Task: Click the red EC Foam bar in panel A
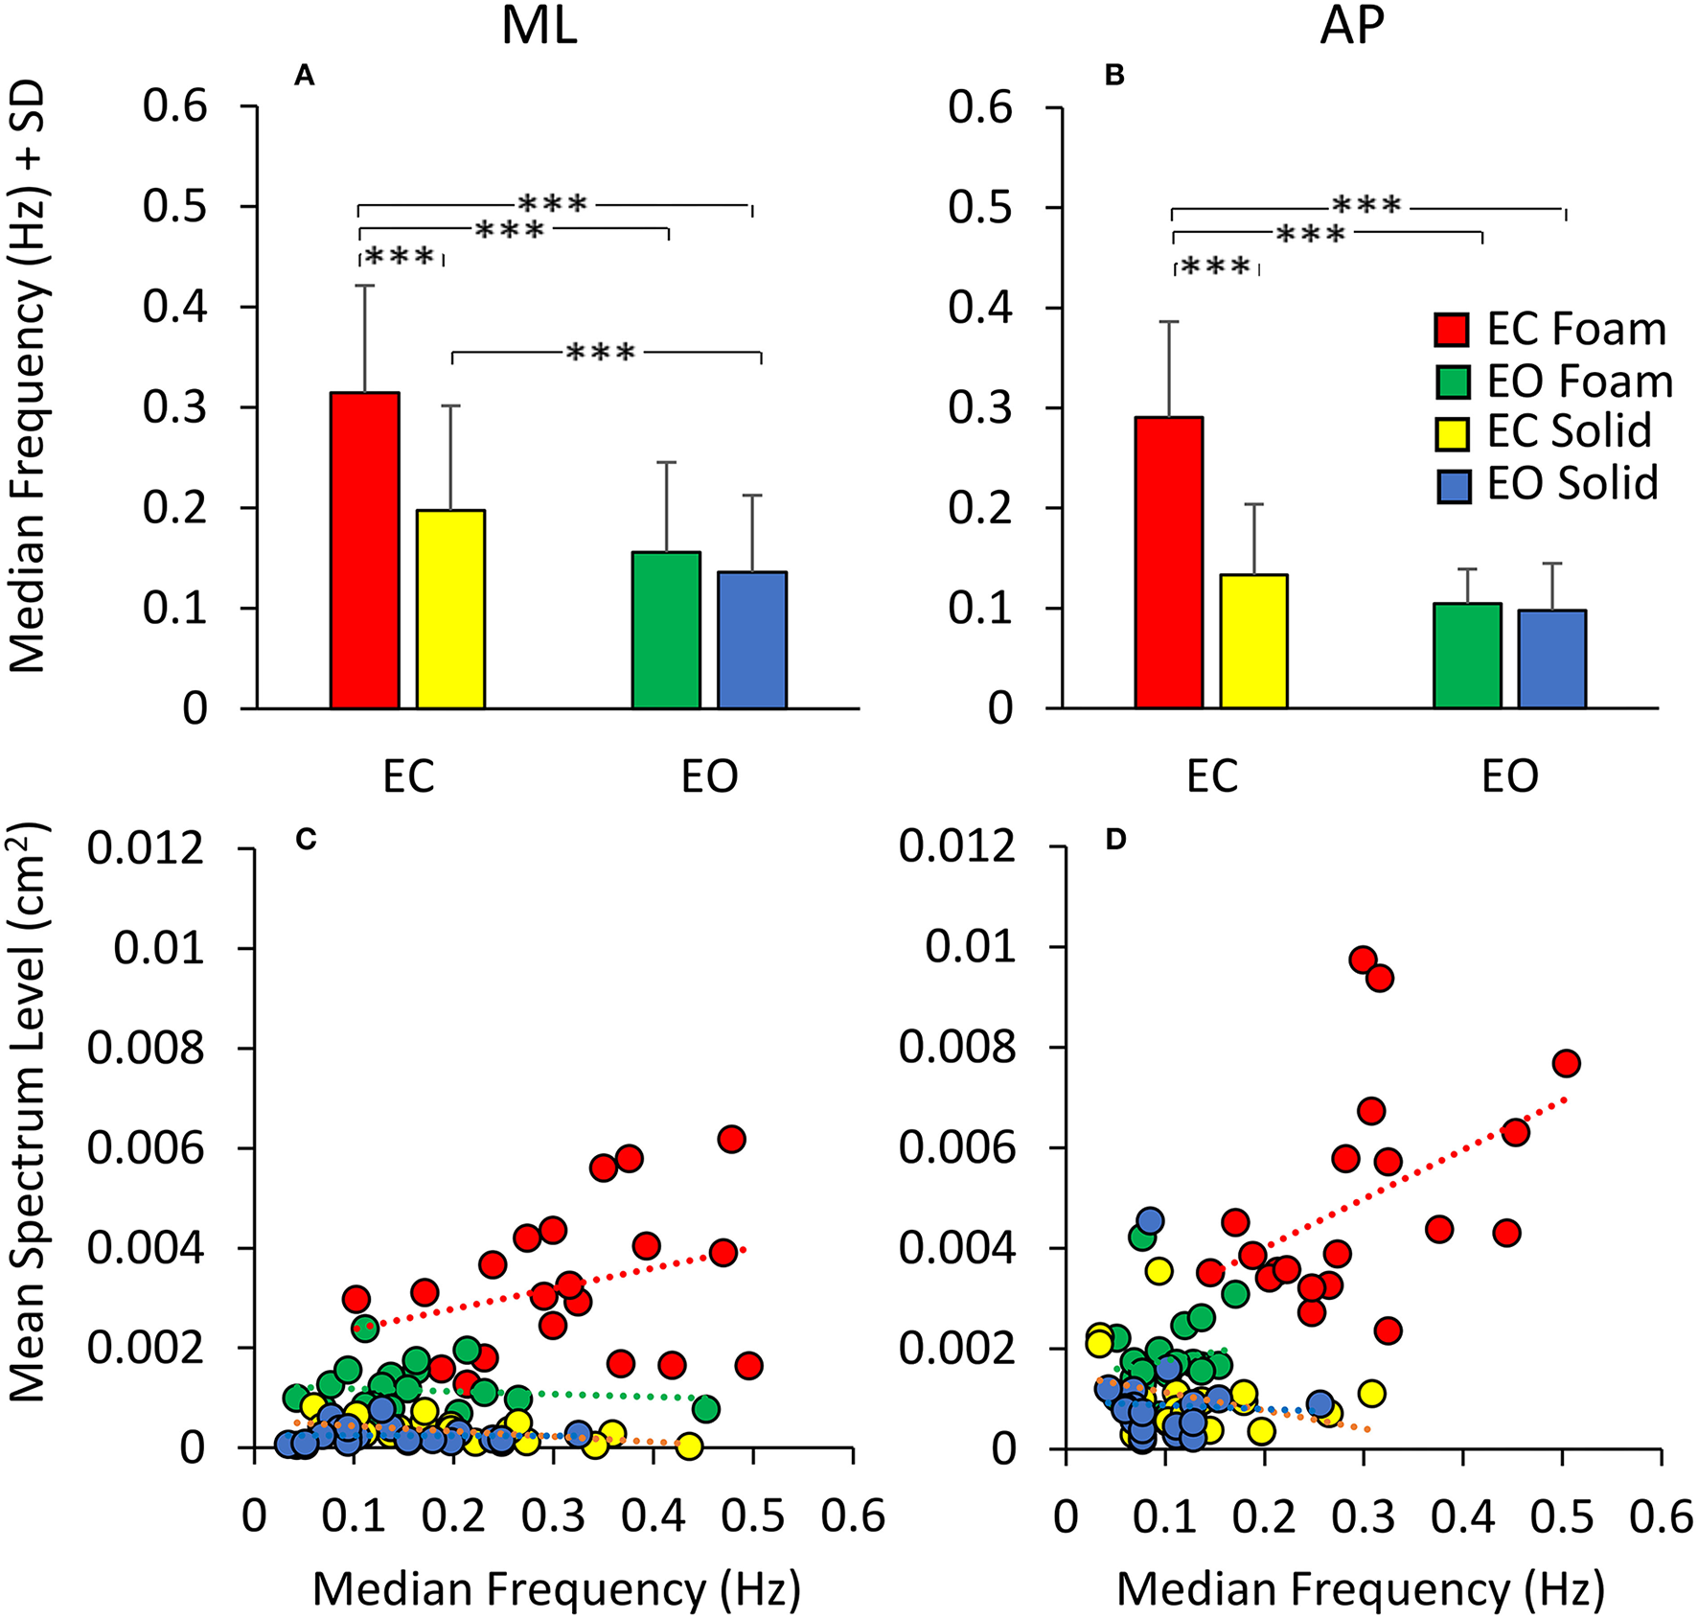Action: [x=364, y=550]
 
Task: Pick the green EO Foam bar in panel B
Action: [x=1467, y=656]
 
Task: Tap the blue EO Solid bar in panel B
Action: [x=1551, y=659]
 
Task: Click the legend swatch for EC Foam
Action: [x=1453, y=330]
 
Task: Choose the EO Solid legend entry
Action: [x=1572, y=483]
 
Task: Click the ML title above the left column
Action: [x=539, y=27]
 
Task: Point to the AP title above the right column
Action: [x=1352, y=27]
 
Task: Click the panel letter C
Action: [x=306, y=840]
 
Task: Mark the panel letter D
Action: [x=1115, y=840]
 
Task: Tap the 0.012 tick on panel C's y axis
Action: [x=146, y=847]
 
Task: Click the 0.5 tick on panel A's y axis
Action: [x=175, y=206]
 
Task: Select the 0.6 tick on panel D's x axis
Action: [x=1662, y=1517]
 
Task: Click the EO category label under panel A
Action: [x=709, y=776]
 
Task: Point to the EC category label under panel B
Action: [x=1212, y=776]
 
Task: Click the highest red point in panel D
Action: [x=1363, y=960]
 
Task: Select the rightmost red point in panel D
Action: [x=1566, y=1063]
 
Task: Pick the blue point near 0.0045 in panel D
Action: [x=1150, y=1220]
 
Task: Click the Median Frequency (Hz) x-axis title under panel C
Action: [x=556, y=1588]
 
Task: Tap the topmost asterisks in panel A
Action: [x=553, y=204]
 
